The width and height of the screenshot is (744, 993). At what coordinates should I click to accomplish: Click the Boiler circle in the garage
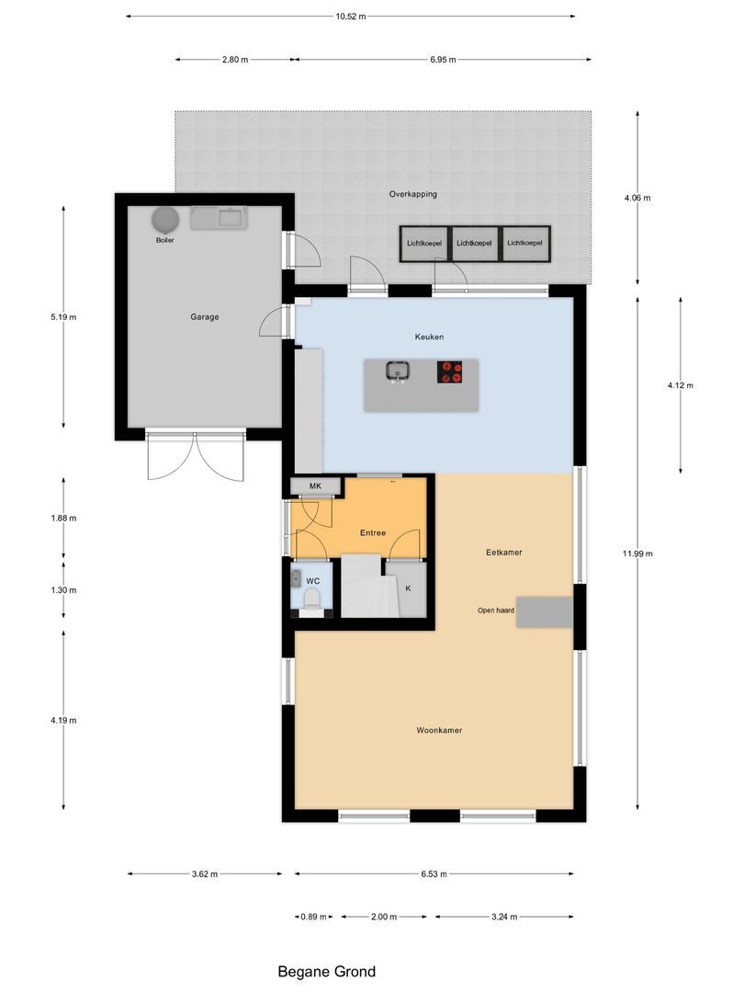coord(165,221)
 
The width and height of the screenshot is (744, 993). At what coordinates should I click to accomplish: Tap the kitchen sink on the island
coord(398,371)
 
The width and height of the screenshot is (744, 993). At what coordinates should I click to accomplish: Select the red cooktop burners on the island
coord(450,371)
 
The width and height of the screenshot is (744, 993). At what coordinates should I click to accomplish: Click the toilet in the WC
coord(312,600)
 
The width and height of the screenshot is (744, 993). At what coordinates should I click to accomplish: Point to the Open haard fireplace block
coord(545,611)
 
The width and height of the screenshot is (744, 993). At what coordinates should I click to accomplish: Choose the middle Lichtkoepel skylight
coord(475,243)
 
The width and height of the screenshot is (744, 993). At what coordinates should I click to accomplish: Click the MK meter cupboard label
coord(314,485)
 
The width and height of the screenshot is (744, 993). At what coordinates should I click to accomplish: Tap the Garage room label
coord(204,317)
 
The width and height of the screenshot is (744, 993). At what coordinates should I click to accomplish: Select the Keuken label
coord(429,337)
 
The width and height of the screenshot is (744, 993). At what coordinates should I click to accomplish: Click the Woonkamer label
coord(438,731)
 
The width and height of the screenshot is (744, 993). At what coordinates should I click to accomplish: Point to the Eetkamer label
coord(504,553)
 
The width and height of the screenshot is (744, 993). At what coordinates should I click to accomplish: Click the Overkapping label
coord(412,195)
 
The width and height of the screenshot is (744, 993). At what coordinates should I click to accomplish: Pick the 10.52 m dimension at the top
coord(350,16)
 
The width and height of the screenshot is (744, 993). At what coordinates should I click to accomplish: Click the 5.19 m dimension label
coord(63,317)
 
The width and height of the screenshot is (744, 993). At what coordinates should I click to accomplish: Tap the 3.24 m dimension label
coord(503,917)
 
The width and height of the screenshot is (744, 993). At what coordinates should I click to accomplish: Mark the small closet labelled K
coord(409,588)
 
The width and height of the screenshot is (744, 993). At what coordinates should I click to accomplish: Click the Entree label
coord(372,533)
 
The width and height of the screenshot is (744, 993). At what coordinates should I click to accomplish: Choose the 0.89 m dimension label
coord(313,917)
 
